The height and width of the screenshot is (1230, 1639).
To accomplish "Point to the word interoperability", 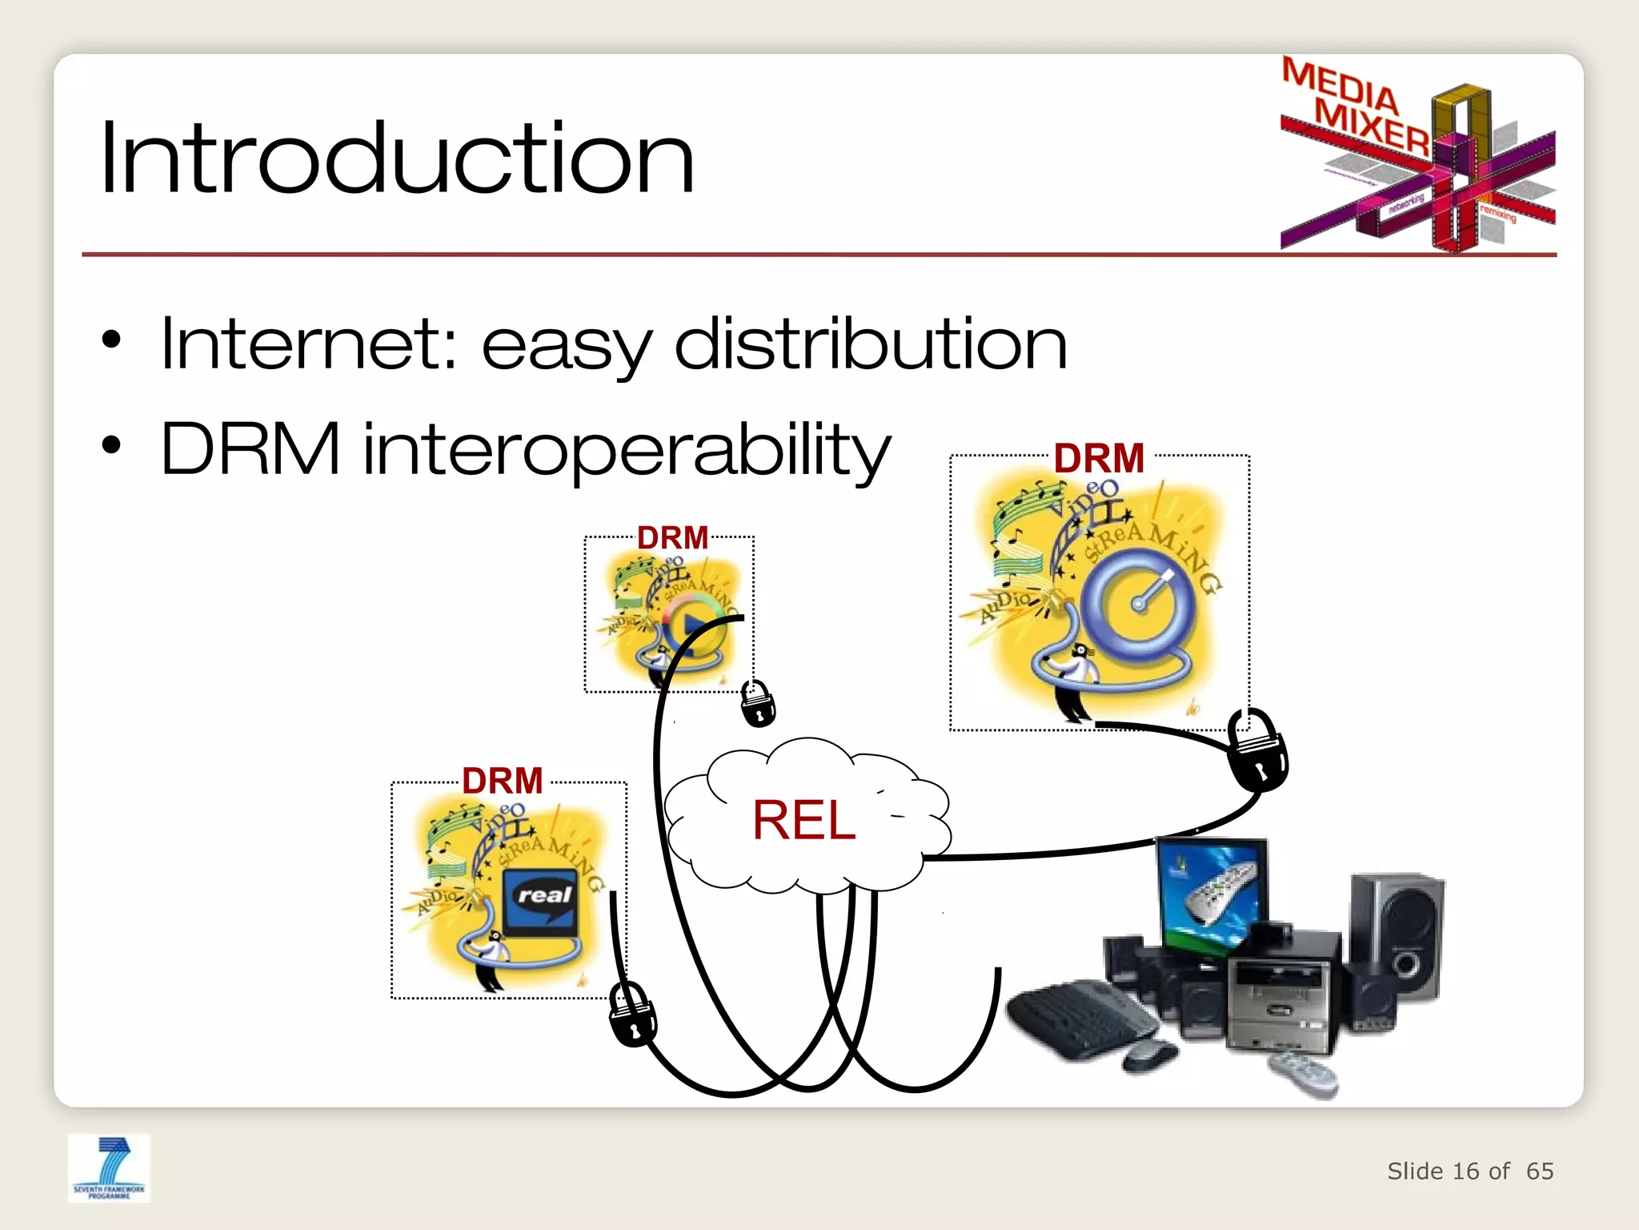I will click(x=627, y=450).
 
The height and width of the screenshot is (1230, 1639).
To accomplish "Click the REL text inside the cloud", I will click(x=803, y=821).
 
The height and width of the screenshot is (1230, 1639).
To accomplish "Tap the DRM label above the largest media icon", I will click(x=1099, y=459).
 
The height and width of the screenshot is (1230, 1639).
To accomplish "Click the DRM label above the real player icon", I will click(x=503, y=781).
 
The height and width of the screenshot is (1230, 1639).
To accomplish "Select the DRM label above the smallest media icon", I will click(x=672, y=537).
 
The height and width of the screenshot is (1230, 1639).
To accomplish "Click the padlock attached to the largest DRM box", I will click(x=1256, y=750).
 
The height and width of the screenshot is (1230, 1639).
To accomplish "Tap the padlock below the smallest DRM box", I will click(x=757, y=702).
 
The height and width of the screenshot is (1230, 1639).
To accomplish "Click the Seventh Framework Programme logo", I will click(x=109, y=1168).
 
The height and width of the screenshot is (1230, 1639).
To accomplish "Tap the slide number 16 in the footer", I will click(x=1465, y=1172).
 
